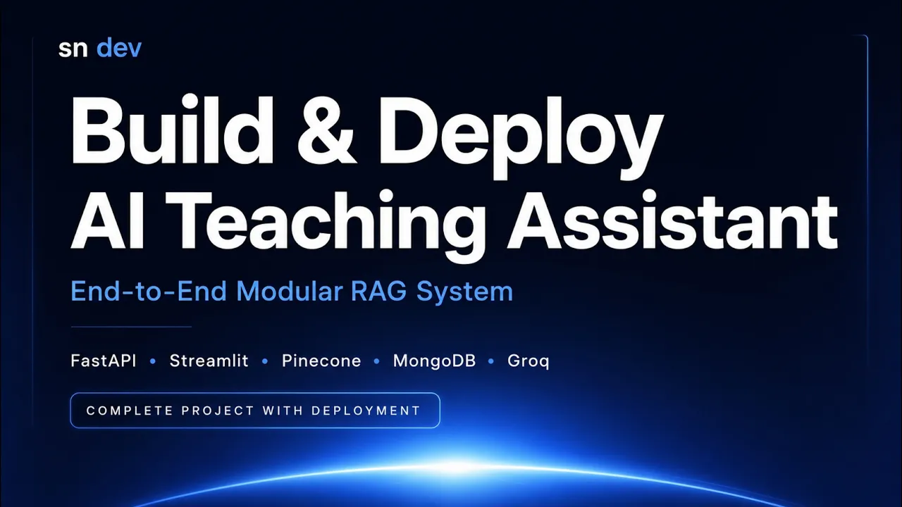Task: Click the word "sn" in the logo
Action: tap(73, 49)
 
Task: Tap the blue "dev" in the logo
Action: tap(119, 48)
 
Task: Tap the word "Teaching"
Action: tap(325, 226)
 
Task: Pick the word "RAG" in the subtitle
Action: tap(378, 291)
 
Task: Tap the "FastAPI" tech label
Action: tap(104, 361)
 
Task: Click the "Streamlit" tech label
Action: tap(209, 361)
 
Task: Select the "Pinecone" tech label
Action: tap(321, 361)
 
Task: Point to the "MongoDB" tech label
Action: tap(434, 361)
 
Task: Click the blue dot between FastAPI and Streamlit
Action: tap(153, 361)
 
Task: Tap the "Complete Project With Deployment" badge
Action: tap(255, 410)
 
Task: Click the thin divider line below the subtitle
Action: tap(131, 327)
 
